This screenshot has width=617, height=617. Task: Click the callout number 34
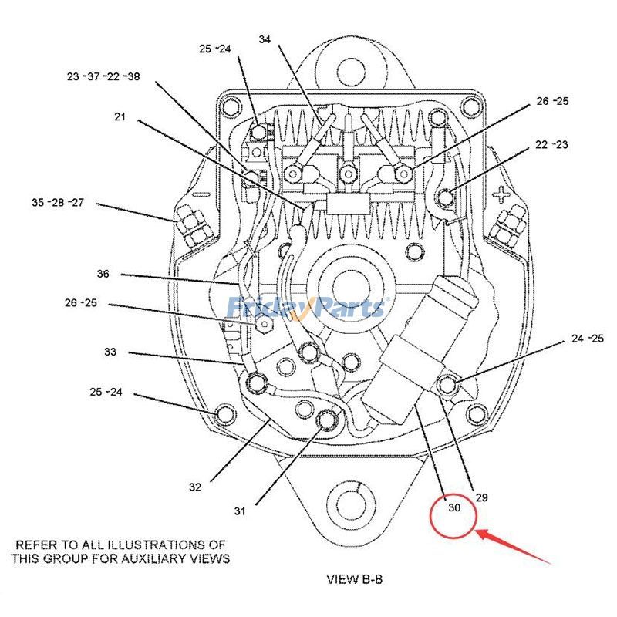pyautogui.click(x=265, y=39)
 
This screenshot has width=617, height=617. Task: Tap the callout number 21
pyautogui.click(x=120, y=117)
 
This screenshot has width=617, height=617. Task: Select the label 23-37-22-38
pyautogui.click(x=103, y=76)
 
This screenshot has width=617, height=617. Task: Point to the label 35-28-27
pyautogui.click(x=58, y=202)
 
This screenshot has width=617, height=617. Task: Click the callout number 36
pyautogui.click(x=103, y=274)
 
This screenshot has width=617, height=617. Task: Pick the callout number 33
pyautogui.click(x=110, y=352)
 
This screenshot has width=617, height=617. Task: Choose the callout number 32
pyautogui.click(x=195, y=487)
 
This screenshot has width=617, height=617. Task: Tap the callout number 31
pyautogui.click(x=240, y=511)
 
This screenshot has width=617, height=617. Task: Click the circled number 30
pyautogui.click(x=454, y=507)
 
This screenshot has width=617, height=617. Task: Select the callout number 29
pyautogui.click(x=481, y=497)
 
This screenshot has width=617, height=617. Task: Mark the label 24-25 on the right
pyautogui.click(x=588, y=339)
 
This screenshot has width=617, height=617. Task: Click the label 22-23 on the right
pyautogui.click(x=551, y=145)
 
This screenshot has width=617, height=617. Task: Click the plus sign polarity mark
pyautogui.click(x=502, y=194)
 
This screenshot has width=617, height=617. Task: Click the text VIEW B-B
pyautogui.click(x=355, y=579)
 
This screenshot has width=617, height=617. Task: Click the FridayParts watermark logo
pyautogui.click(x=307, y=307)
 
